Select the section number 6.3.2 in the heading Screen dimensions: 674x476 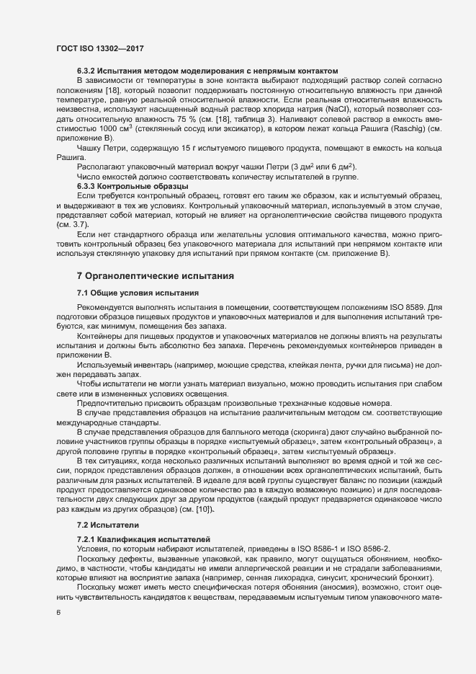(x=87, y=71)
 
